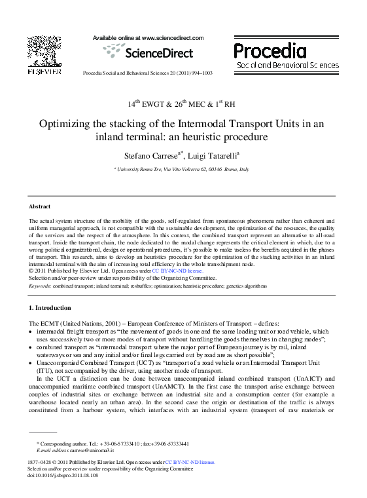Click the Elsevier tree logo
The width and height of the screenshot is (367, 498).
[44, 50]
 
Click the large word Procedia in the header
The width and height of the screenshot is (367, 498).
[270, 50]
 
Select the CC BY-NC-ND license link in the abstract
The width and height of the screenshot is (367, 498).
[178, 270]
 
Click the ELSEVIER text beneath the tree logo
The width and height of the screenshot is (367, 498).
[44, 71]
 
